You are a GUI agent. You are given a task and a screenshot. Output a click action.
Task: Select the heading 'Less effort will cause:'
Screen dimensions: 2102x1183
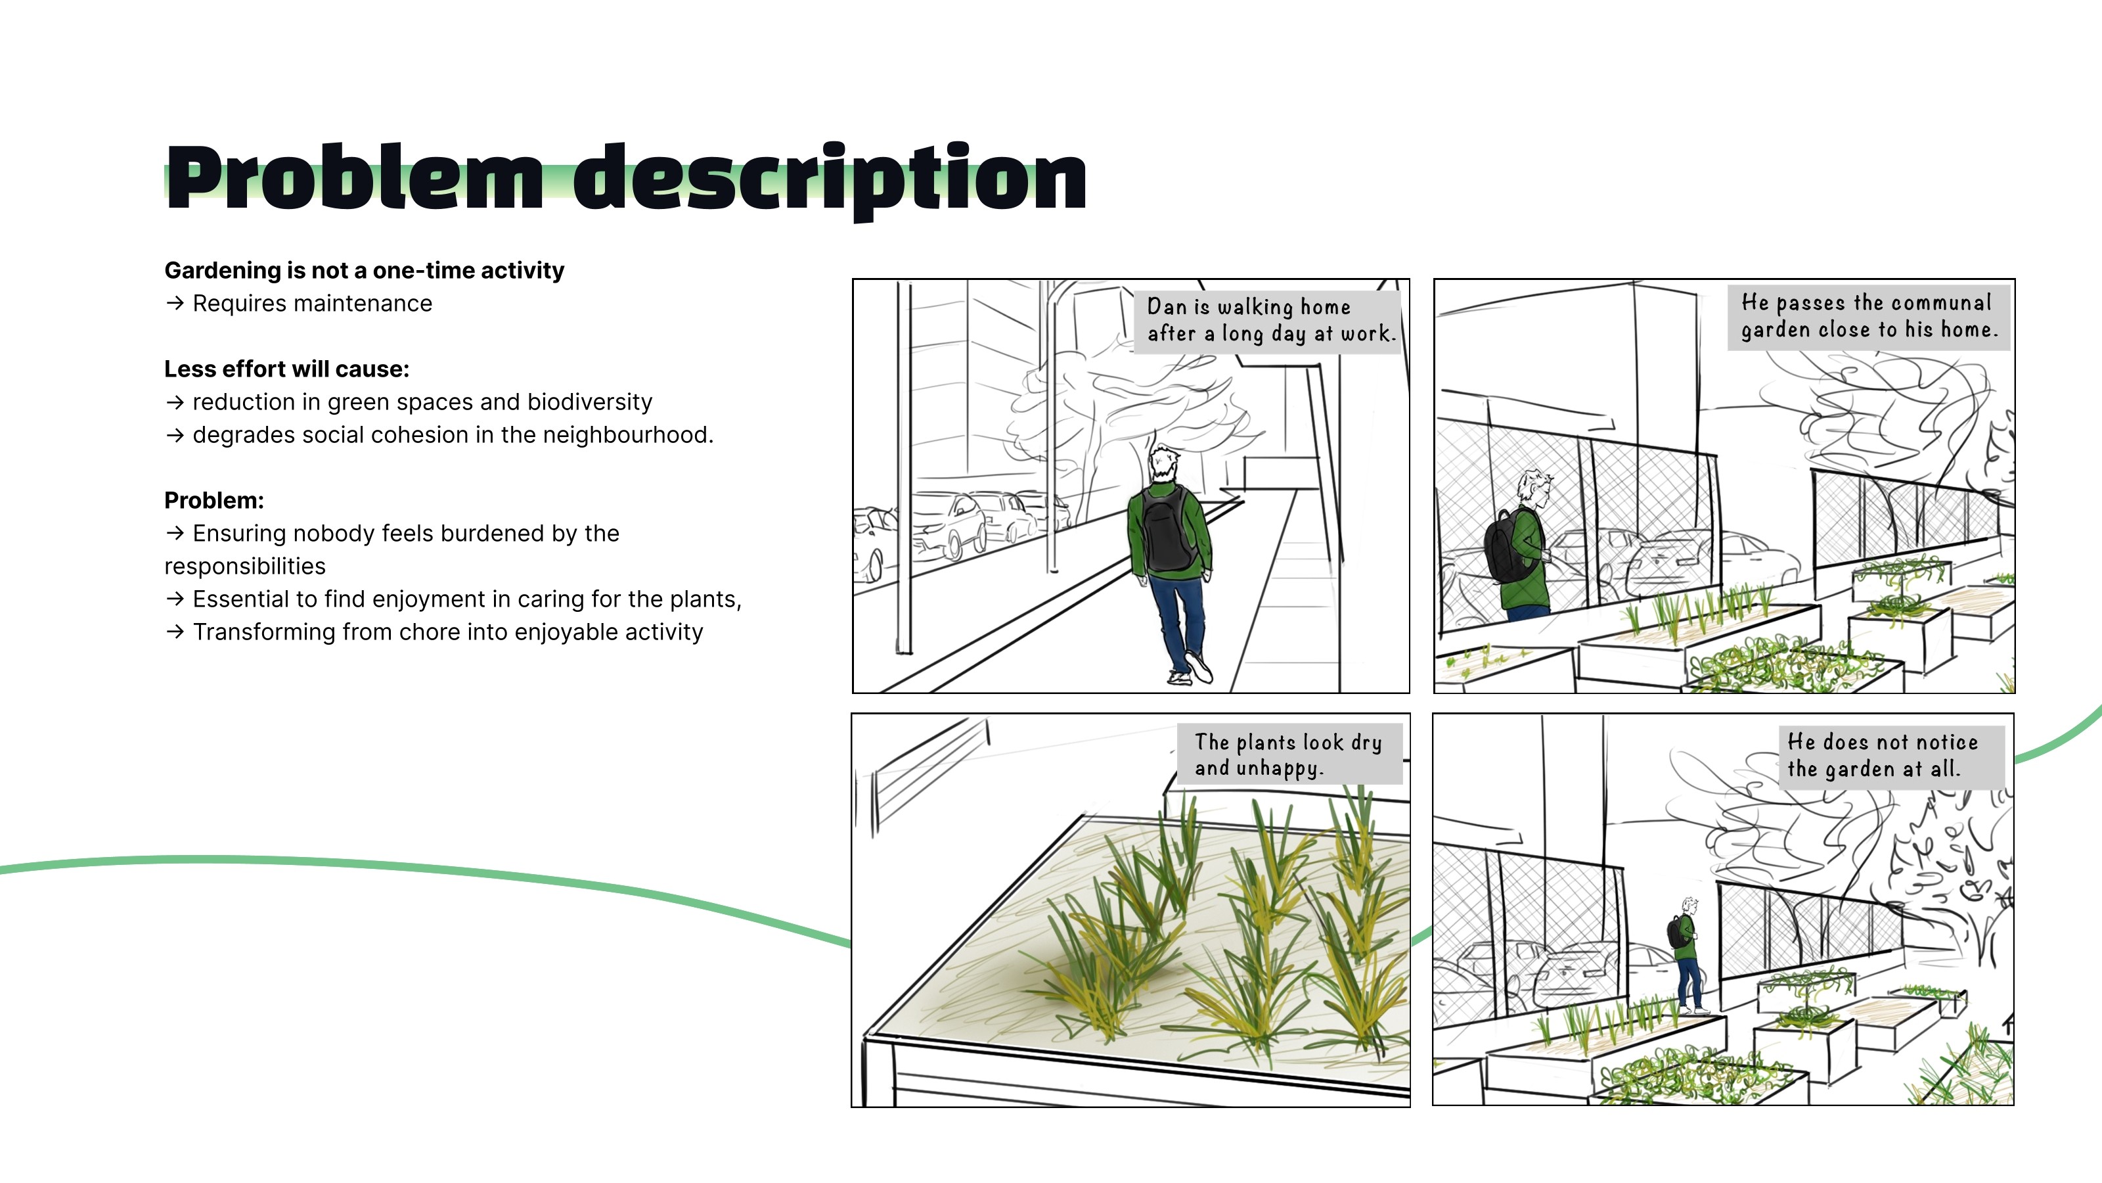286,369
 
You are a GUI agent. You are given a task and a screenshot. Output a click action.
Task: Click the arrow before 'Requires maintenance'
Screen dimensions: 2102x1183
175,304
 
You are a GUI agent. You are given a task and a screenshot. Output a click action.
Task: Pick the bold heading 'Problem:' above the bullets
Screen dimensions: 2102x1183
213,500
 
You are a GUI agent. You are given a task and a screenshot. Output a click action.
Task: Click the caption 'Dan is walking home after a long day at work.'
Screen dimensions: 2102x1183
1270,320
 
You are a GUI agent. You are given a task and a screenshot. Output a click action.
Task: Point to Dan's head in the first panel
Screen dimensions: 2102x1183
1163,465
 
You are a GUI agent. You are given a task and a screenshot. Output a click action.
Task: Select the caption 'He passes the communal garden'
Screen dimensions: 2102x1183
1867,316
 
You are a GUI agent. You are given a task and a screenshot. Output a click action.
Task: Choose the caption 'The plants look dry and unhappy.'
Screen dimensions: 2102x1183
1288,754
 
